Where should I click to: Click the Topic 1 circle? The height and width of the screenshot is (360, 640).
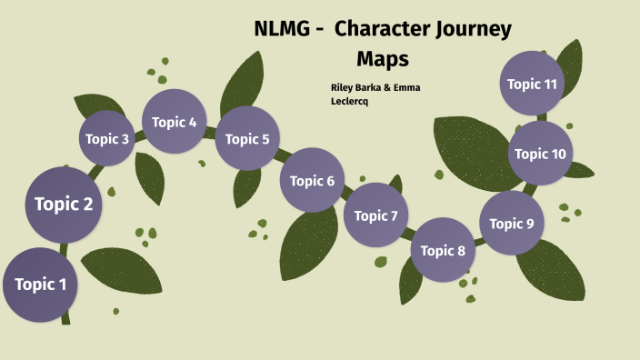(x=40, y=285)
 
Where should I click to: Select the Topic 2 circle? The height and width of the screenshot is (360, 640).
(x=64, y=204)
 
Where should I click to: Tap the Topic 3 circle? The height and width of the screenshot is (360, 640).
(x=107, y=139)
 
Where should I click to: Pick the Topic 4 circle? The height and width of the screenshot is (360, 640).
(x=175, y=122)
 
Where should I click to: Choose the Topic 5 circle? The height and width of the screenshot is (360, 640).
(x=247, y=139)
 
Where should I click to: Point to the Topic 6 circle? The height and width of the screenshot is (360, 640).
(x=312, y=180)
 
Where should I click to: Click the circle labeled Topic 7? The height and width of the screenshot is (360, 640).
(x=376, y=215)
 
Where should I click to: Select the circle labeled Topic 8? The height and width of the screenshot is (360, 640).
(x=444, y=250)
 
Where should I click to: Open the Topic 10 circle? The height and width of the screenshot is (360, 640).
(x=540, y=154)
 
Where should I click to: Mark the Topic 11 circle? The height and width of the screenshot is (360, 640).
(x=532, y=84)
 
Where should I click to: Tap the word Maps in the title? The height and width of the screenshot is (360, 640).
(x=383, y=58)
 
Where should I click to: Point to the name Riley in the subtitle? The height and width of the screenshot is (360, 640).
(x=345, y=87)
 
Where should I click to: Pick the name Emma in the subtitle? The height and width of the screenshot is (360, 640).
(x=405, y=87)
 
